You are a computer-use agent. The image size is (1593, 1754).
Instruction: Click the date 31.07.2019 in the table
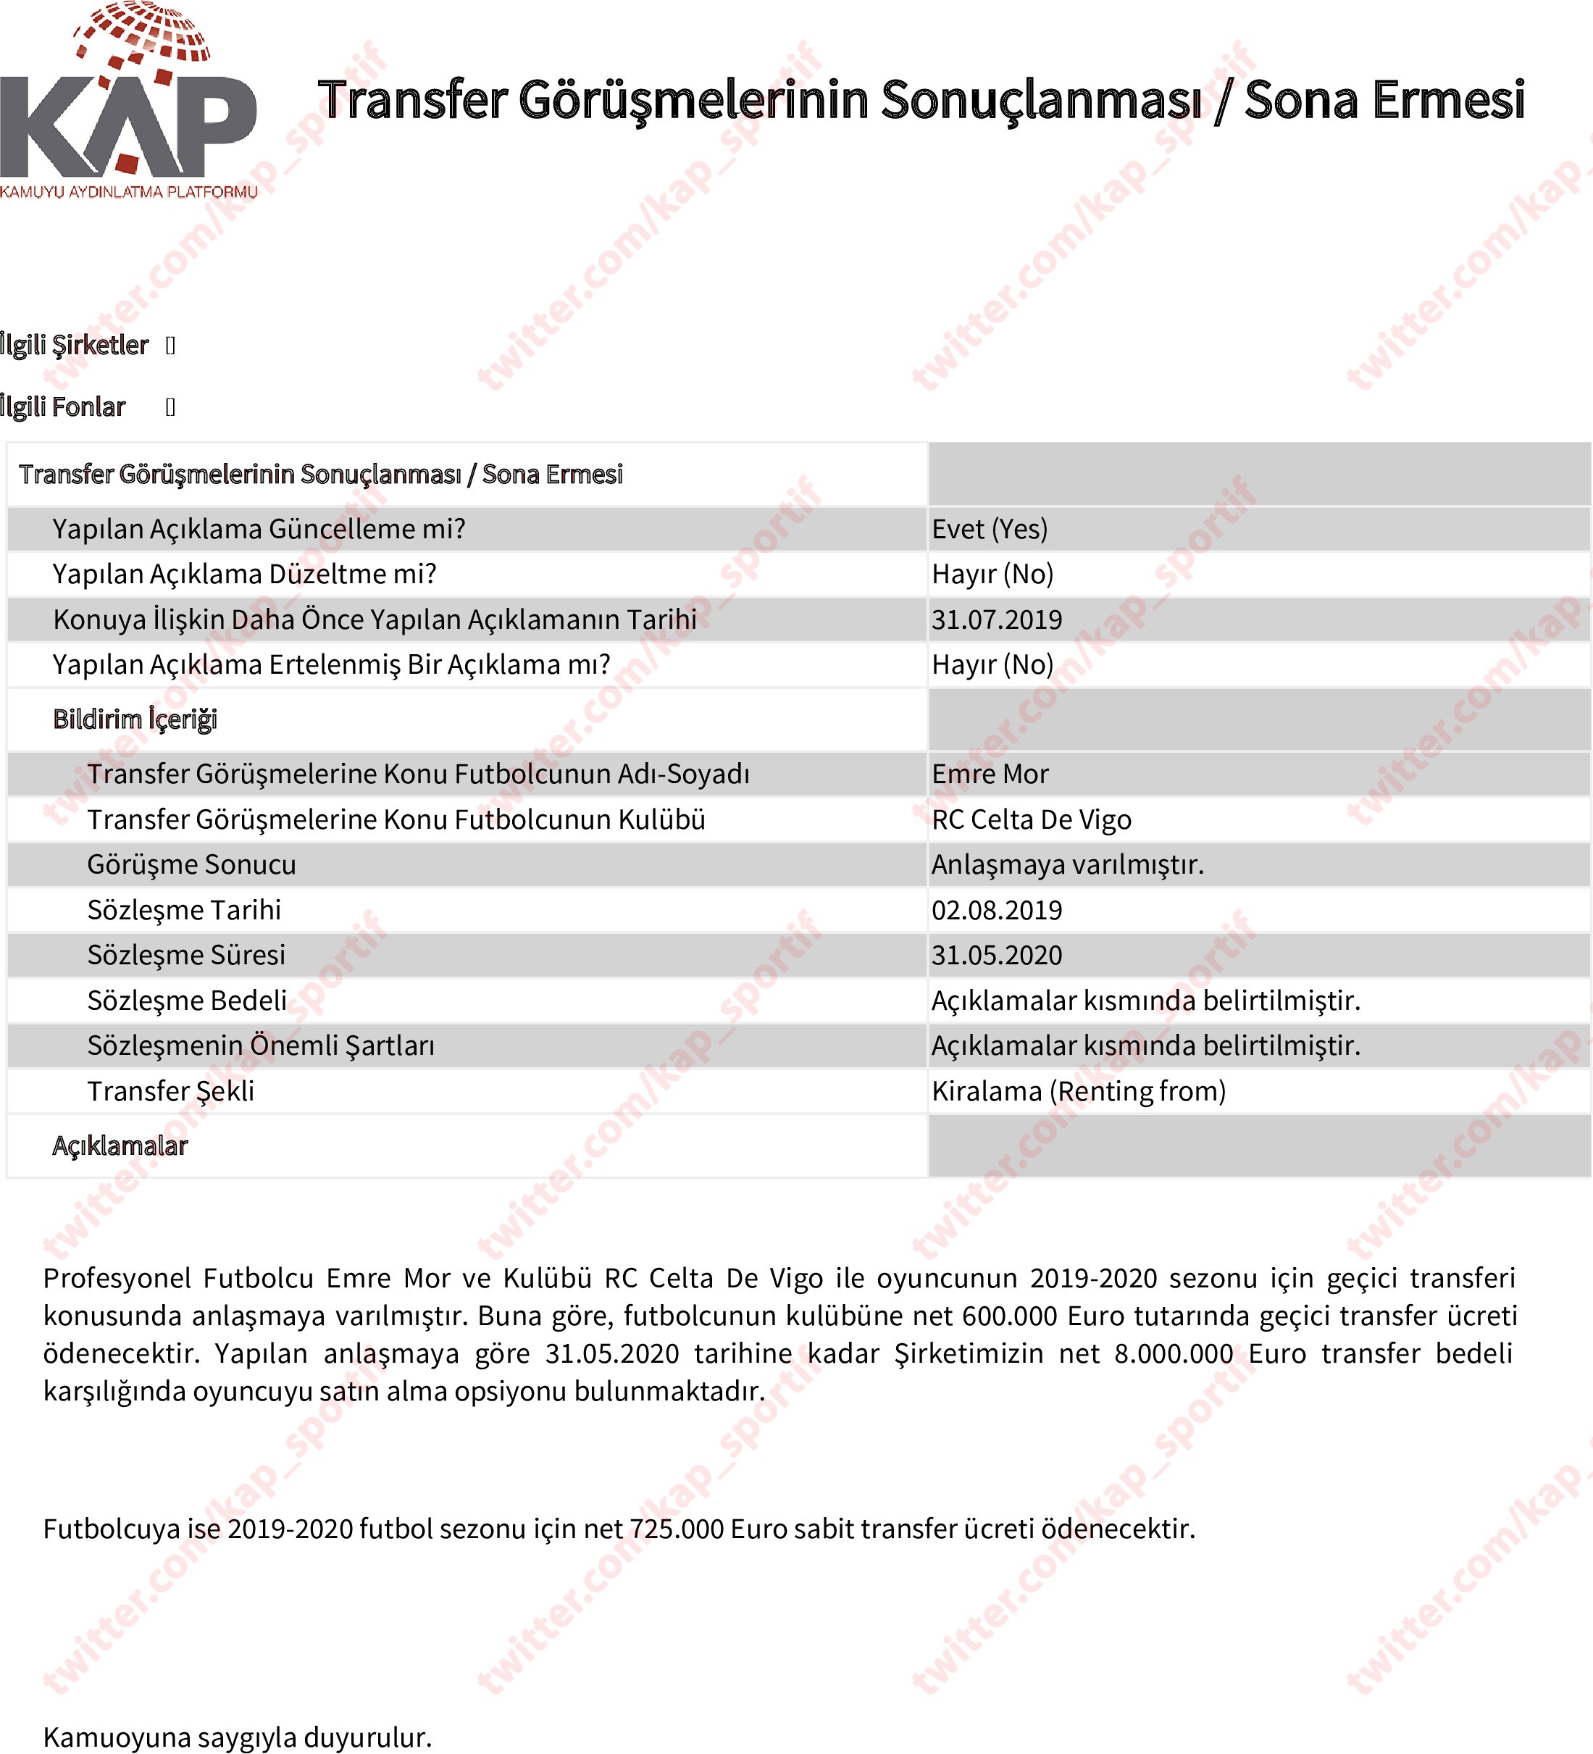[996, 619]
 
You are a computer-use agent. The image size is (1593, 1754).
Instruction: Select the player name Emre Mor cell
[990, 774]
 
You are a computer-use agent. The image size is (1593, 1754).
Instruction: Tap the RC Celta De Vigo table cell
[1031, 819]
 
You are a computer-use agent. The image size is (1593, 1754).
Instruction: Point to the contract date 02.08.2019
[996, 910]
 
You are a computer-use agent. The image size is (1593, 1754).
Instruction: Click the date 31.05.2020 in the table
[996, 956]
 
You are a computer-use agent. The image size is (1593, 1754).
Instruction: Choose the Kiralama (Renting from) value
[1078, 1091]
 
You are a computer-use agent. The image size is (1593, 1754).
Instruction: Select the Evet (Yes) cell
[990, 529]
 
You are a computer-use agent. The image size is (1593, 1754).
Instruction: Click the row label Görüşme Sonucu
[191, 865]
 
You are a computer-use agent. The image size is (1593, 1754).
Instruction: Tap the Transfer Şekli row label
[170, 1091]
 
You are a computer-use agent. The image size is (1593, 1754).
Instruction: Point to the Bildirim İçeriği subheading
[135, 719]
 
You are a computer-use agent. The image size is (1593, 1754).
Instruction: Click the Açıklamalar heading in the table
[120, 1146]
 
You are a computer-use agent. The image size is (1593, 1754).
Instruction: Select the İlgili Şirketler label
[75, 346]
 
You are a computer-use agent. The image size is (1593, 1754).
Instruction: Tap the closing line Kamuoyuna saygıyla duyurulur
[238, 1737]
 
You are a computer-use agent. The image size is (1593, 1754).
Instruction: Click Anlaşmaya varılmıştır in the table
[1068, 865]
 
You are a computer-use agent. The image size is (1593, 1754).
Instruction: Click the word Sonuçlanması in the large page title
[1042, 99]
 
